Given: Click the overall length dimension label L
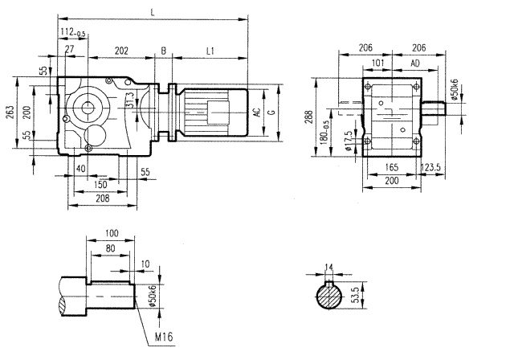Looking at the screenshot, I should point(153,11).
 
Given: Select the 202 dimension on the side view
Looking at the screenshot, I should point(121,51).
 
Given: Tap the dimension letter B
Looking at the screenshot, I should point(164,51).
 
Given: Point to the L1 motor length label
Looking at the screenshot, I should point(210,51).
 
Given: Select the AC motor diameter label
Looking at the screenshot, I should point(257,112).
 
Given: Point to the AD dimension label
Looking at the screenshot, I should point(414,62).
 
